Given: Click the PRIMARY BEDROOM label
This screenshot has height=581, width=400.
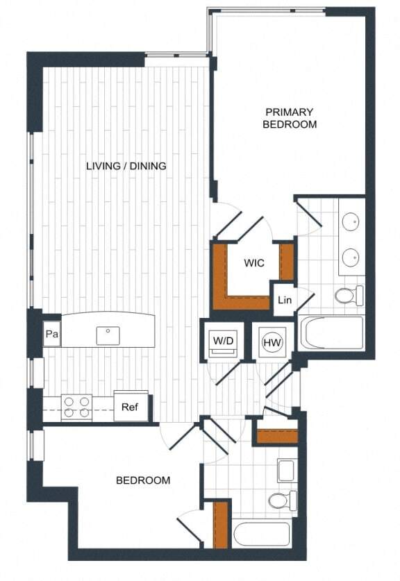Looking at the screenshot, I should click(x=290, y=118).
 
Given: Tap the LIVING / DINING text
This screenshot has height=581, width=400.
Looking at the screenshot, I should click(x=126, y=166).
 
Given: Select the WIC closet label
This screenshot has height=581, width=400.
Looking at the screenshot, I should click(x=253, y=263).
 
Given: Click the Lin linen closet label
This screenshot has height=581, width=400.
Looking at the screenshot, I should click(x=285, y=300).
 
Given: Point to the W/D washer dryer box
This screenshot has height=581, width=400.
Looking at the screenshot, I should click(x=224, y=342).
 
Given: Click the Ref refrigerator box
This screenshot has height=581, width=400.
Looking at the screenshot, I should click(x=131, y=407).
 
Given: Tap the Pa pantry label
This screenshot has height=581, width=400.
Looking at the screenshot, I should click(x=51, y=335).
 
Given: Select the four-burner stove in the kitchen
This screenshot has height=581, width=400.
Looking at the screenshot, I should click(x=77, y=407).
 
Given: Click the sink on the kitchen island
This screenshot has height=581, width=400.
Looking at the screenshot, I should click(x=108, y=332).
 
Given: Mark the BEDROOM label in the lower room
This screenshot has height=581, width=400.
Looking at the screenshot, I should click(x=143, y=480).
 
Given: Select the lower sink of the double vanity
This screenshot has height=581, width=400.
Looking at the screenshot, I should click(x=351, y=258).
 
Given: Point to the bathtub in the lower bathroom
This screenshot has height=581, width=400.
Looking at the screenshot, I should click(x=262, y=534).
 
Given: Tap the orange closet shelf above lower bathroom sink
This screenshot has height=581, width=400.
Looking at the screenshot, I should click(x=277, y=437).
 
